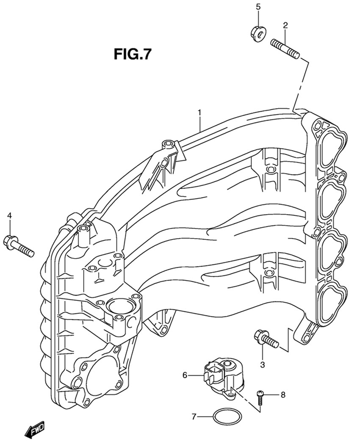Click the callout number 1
[199, 113]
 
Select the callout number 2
[285, 25]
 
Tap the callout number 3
[262, 364]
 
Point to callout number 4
[9, 216]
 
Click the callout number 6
[185, 375]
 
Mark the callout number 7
[194, 417]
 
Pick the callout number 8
[283, 395]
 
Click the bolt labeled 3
[266, 339]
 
